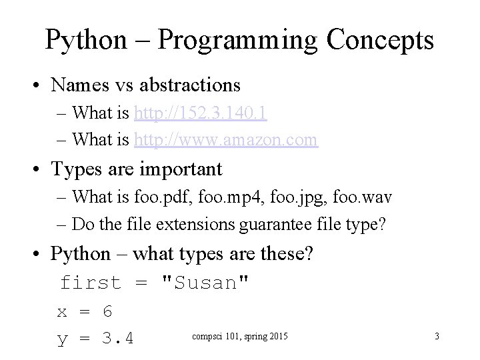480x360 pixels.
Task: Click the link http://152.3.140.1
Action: pos(201,113)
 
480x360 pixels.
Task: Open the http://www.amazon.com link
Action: pos(226,140)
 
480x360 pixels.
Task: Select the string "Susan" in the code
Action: pos(206,283)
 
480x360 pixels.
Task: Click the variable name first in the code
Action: pos(91,283)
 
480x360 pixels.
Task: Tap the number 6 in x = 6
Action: pos(107,311)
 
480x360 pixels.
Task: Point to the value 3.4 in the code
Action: pos(118,339)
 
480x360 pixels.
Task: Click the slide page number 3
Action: pos(437,336)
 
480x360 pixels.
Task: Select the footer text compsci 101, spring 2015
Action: pos(241,336)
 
